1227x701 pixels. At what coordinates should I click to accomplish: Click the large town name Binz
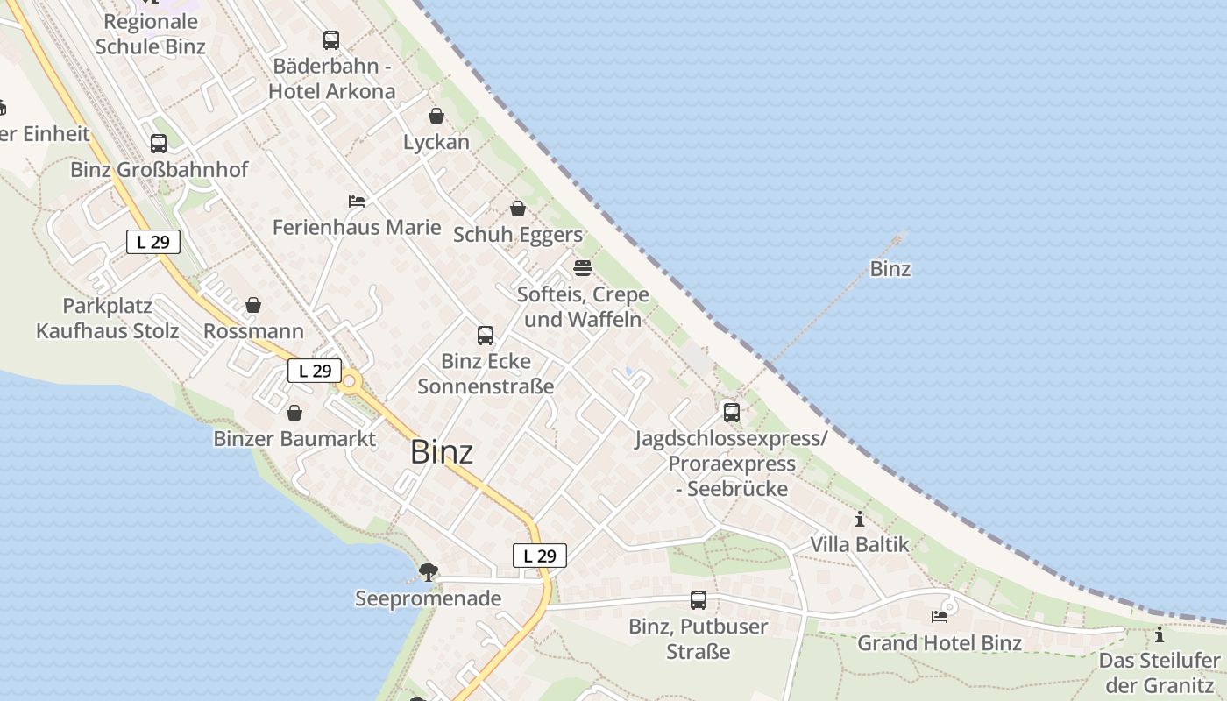coord(442,452)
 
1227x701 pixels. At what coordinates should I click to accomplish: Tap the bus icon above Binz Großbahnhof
coord(159,144)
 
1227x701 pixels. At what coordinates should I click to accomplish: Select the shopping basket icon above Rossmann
coord(253,305)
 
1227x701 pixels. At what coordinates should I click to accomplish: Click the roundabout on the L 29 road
coord(351,381)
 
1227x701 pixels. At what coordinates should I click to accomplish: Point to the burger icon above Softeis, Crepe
coord(583,267)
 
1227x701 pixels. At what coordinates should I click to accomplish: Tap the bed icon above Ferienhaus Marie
coord(357,202)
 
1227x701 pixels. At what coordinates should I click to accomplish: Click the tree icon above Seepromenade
coord(429,572)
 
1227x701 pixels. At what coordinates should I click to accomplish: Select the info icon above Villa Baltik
coord(859,519)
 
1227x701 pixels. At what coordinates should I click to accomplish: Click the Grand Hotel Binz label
coord(939,643)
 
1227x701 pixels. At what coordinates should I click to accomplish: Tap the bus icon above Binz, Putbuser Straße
coord(699,600)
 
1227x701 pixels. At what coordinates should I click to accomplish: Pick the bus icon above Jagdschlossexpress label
coord(731,412)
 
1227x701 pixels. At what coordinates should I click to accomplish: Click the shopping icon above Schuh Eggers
coord(518,209)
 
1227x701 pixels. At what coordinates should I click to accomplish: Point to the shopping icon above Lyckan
coord(436,116)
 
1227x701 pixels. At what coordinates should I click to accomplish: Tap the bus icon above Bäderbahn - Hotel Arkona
coord(331,40)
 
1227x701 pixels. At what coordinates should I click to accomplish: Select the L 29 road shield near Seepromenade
coord(540,556)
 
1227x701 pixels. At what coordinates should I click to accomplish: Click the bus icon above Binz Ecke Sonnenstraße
coord(486,335)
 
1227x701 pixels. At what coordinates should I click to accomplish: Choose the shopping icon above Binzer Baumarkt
coord(295,412)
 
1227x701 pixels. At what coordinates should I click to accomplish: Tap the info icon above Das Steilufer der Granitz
coord(1160,634)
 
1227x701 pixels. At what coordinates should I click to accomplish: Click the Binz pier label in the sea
coord(890,269)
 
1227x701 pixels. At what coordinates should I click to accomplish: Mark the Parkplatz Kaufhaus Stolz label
coord(107,319)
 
